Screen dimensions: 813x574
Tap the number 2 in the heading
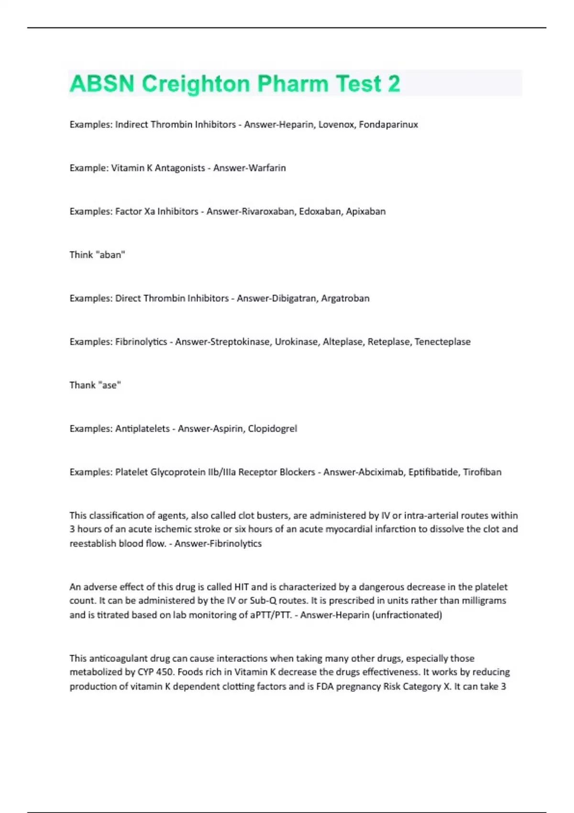point(394,84)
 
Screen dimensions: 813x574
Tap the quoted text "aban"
point(110,255)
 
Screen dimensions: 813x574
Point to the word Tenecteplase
point(442,342)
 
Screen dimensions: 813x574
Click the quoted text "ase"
point(109,385)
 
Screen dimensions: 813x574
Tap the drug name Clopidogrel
point(272,429)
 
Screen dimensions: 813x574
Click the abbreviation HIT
point(241,587)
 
